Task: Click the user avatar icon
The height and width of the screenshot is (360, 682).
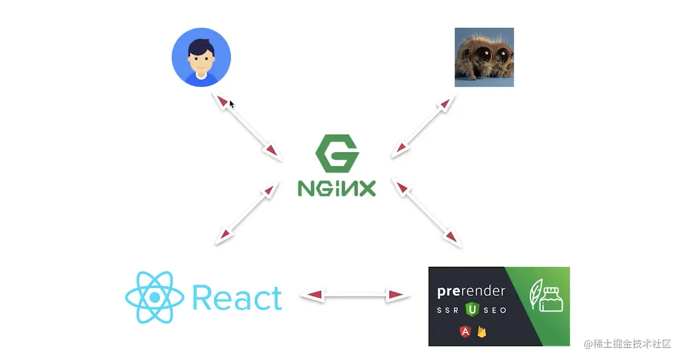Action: click(201, 57)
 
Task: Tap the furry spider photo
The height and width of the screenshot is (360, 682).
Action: click(484, 57)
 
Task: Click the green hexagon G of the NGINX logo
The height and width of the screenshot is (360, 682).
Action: click(337, 154)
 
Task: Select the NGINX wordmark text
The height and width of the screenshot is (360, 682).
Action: click(337, 188)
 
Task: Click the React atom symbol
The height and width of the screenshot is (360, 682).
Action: click(155, 297)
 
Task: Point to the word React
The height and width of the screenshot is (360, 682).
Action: click(237, 298)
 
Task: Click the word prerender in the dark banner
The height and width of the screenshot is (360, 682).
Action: click(471, 291)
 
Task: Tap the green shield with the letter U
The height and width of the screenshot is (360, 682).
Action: click(471, 310)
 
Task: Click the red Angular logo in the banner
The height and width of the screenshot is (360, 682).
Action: click(466, 331)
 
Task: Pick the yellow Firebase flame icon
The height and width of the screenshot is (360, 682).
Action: click(482, 331)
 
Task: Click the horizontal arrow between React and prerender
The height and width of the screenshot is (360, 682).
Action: click(354, 295)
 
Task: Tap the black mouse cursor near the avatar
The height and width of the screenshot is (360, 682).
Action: click(232, 104)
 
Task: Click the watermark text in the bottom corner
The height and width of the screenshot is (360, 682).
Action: click(627, 344)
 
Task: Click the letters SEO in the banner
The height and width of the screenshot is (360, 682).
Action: click(495, 310)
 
